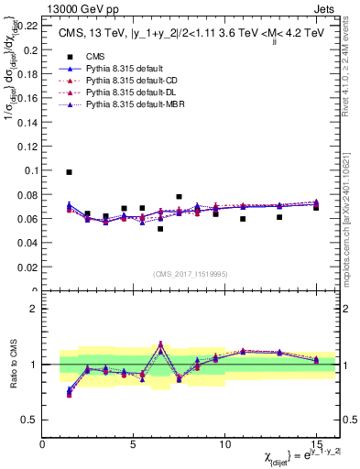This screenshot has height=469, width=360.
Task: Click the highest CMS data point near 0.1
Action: click(x=69, y=172)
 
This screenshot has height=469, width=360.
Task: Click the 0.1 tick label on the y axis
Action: click(x=28, y=170)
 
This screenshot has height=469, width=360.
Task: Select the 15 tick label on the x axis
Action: click(x=316, y=444)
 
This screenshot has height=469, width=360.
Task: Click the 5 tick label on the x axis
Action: click(x=134, y=444)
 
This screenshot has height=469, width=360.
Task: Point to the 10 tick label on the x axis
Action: click(x=224, y=444)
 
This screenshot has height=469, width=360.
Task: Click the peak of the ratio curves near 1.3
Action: click(x=160, y=344)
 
